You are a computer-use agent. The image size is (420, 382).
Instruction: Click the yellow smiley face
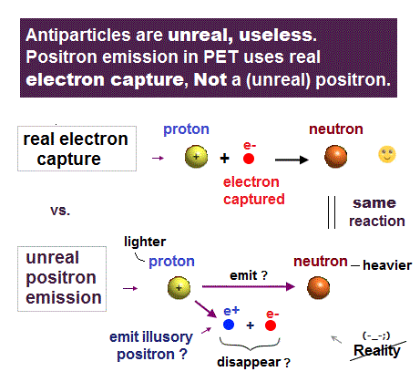387,154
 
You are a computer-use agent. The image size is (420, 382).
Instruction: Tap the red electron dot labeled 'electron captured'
249,159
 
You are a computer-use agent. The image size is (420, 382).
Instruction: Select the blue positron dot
229,325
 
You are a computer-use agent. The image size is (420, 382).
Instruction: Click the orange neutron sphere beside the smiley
335,157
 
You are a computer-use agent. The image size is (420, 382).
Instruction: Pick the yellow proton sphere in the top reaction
196,157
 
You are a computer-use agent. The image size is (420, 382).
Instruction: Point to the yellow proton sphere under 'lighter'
179,288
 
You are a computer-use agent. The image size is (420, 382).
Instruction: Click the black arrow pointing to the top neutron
292,160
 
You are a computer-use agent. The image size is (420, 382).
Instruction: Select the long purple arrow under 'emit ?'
249,286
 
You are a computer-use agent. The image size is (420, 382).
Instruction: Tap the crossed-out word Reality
377,350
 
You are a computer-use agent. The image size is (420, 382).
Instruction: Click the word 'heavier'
387,265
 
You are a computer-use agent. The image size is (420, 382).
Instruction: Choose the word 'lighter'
145,242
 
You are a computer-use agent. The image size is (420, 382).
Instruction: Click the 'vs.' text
60,211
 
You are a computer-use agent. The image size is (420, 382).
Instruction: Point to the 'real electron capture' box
77,149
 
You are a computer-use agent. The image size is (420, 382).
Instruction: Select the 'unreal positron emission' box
62,279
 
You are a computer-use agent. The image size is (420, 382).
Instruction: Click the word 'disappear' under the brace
249,362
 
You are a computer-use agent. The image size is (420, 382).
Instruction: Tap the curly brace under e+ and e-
250,344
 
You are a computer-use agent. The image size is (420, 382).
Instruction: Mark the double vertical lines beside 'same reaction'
332,212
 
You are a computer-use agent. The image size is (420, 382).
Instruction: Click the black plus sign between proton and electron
224,159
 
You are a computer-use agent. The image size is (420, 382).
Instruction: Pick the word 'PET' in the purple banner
220,57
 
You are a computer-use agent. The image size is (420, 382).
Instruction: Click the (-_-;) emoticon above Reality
376,336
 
